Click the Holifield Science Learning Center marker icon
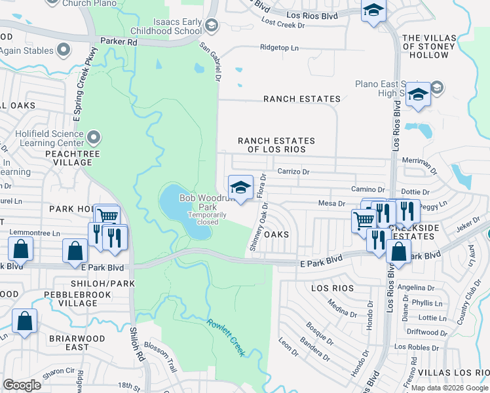tap(93, 138)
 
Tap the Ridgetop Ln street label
tap(279, 48)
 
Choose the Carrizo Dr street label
tap(292, 172)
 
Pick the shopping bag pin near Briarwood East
tap(24, 321)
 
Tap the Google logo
tap(22, 385)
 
